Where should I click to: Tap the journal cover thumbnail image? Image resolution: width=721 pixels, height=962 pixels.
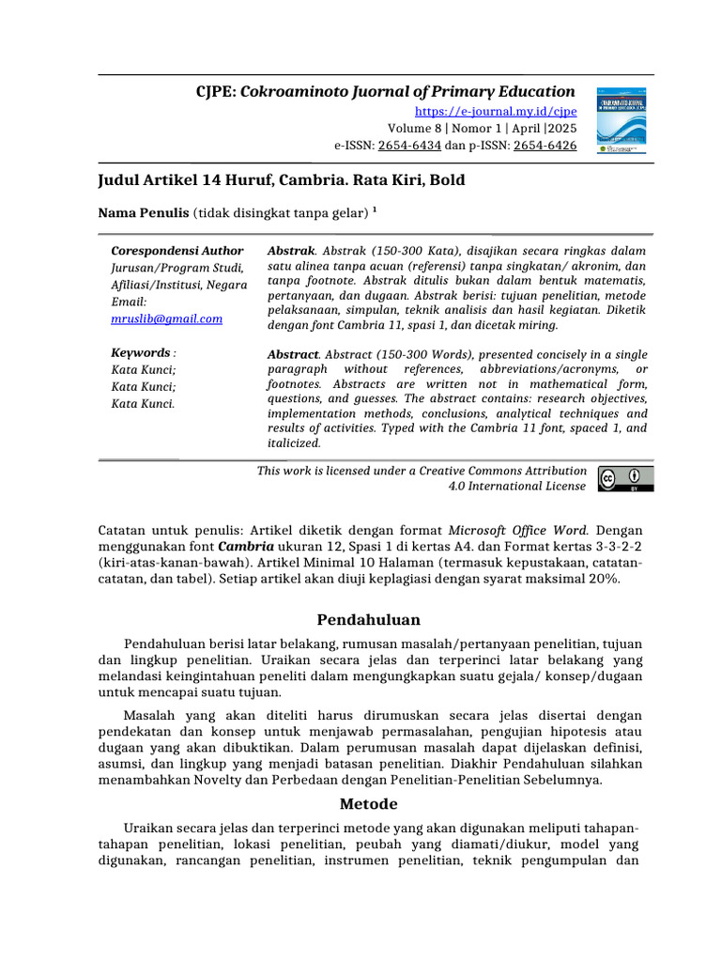pyautogui.click(x=624, y=120)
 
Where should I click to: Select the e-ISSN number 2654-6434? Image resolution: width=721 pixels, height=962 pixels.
pyautogui.click(x=409, y=146)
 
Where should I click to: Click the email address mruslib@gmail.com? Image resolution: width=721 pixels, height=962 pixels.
pyautogui.click(x=166, y=318)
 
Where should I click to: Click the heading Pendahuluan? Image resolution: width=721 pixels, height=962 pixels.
pyautogui.click(x=368, y=620)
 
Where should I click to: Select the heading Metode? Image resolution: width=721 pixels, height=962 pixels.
pyautogui.click(x=368, y=804)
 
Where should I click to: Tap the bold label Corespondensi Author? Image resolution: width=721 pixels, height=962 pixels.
pyautogui.click(x=176, y=251)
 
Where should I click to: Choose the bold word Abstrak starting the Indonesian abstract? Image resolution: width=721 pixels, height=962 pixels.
pyautogui.click(x=291, y=251)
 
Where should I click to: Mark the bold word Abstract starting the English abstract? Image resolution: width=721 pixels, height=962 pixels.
pyautogui.click(x=293, y=354)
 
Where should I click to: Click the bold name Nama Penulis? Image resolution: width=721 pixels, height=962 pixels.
pyautogui.click(x=144, y=213)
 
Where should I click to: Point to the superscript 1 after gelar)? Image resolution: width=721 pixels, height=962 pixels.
pyautogui.click(x=375, y=209)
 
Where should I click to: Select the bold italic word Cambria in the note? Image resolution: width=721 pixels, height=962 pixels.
pyautogui.click(x=246, y=546)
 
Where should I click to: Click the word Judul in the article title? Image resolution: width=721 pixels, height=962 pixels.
pyautogui.click(x=121, y=179)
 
